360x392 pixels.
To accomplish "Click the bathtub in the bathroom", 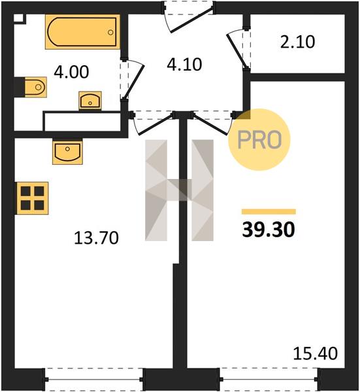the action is coord(82,32).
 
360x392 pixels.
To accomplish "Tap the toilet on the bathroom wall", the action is coord(35,87).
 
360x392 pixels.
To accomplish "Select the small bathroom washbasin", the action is coord(90,101).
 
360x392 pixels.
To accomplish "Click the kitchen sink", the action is coord(67,152).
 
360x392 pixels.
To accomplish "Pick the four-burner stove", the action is coord(33,198).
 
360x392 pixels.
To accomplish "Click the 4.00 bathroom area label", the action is coord(71,72).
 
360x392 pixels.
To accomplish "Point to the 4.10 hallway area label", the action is coord(184,65).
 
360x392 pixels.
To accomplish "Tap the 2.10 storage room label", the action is coord(297,42).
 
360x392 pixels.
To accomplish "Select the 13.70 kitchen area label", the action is coord(96,238).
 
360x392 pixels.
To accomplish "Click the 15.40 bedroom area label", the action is coord(316,353).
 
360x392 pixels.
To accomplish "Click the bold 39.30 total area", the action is coord(269,229).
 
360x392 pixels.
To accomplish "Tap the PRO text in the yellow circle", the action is coord(259,140).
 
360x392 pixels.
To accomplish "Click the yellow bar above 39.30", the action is coord(269,212).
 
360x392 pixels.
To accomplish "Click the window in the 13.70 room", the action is coord(94,379).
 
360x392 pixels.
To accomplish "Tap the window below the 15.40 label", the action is coord(269,379).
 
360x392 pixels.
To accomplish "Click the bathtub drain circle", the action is coord(110,32).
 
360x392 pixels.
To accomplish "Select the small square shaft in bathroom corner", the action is coord(19,18).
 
